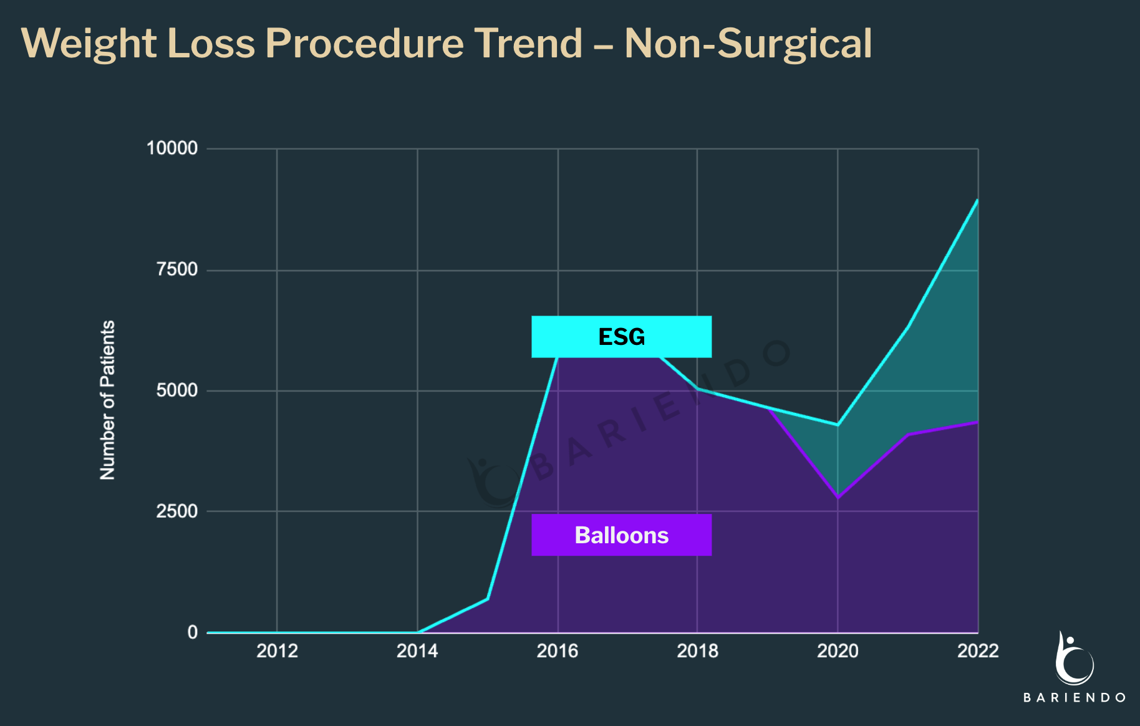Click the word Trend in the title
(528, 44)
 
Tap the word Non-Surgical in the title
(748, 44)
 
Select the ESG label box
(621, 337)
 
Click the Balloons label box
(621, 535)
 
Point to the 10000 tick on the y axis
(171, 148)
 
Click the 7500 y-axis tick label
(176, 269)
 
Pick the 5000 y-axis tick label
(176, 390)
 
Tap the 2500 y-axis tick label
(176, 511)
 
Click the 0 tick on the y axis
(192, 632)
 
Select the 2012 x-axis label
(277, 651)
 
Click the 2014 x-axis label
(417, 651)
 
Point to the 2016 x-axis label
(558, 651)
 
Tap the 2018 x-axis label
(697, 651)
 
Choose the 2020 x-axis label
(838, 651)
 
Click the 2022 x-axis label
(977, 651)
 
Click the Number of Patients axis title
(107, 400)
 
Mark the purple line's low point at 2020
(838, 498)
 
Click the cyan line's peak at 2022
(977, 200)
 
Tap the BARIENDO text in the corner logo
(1075, 697)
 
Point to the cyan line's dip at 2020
(838, 425)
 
